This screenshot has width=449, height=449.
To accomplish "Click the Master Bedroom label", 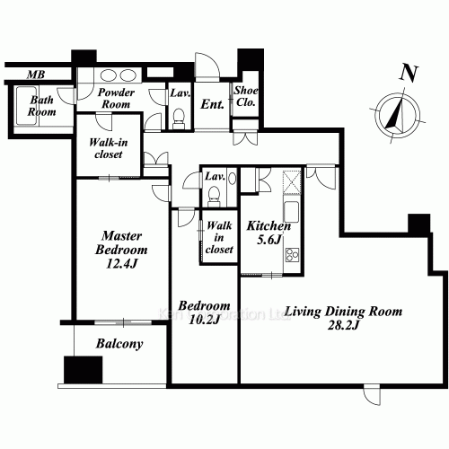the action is coord(121,250).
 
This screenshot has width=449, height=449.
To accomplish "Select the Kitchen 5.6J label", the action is coord(269,233).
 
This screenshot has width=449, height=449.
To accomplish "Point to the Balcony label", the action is coord(119,344).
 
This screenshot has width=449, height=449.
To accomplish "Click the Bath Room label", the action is coord(41,106).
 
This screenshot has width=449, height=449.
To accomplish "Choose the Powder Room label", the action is coord(116,98).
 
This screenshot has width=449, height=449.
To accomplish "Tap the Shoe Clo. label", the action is coord(246,96).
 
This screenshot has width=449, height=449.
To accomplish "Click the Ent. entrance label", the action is coord(212,104).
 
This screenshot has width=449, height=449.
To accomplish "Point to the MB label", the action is coord(36,75).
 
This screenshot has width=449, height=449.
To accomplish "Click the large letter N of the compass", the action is coord(409,74).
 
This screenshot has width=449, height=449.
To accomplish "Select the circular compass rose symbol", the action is coord(398,114).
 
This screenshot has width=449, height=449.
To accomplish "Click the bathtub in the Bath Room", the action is coord(27,106).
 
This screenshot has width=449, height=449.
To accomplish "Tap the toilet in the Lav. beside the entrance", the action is coord(179,118).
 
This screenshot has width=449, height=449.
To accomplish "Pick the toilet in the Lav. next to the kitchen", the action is coord(214,196).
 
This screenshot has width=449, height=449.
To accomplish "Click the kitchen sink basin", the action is coord(291,211).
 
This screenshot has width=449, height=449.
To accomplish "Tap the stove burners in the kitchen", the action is coord(292,255).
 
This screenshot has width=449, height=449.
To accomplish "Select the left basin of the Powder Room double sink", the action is coord(108,75).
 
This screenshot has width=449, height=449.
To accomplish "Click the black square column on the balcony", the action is coord(84,369).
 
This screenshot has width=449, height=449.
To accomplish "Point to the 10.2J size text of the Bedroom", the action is coord(205,320).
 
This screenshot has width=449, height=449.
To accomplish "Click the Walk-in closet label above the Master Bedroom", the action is coord(109,148).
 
